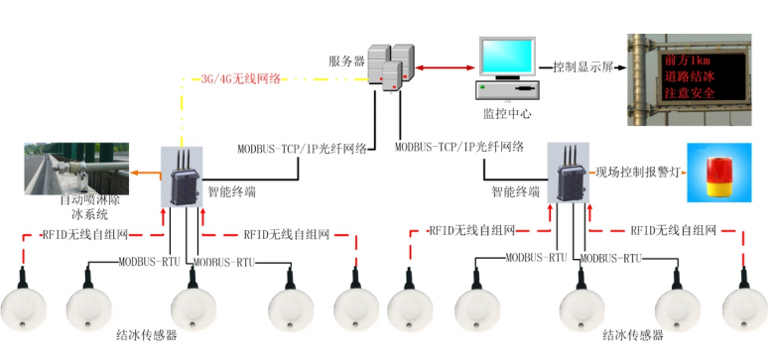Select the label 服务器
point(345,60)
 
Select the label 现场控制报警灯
point(637,172)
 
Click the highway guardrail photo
point(80,168)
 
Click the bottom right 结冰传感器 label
point(634,336)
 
